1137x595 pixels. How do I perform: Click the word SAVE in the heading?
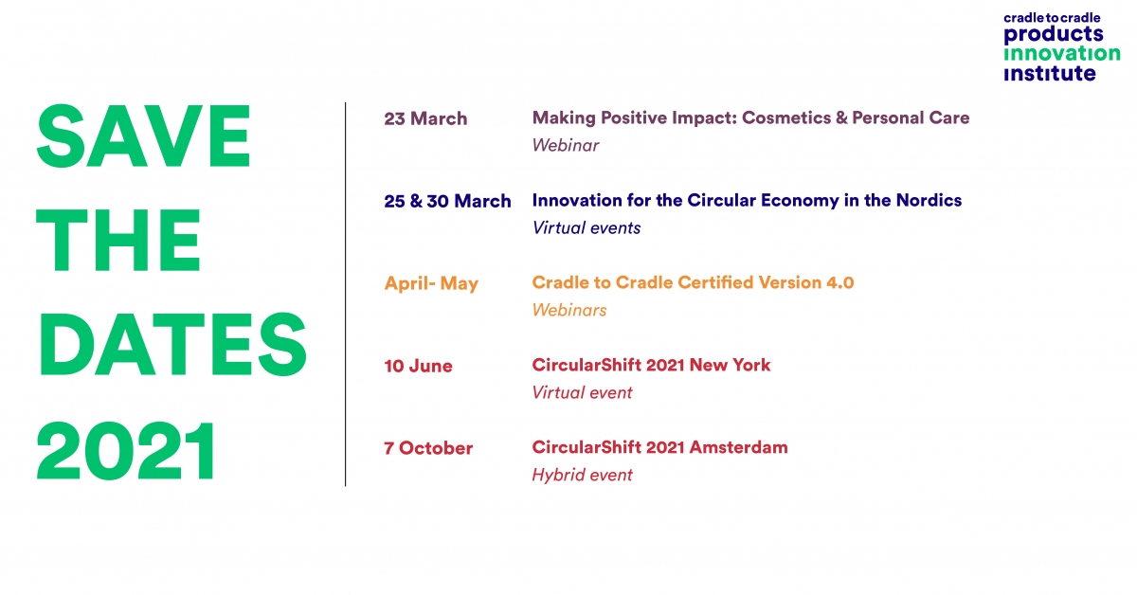[143, 136]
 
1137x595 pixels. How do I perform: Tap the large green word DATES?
[171, 344]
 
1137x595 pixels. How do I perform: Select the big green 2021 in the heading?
[126, 450]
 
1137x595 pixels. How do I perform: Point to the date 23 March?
[425, 118]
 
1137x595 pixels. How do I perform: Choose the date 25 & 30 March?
[447, 201]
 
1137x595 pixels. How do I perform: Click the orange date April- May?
[431, 284]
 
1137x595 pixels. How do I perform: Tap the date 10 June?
[418, 366]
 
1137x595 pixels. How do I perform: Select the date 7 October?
[428, 448]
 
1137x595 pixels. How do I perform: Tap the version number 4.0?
[840, 282]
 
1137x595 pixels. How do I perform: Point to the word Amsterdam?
[738, 447]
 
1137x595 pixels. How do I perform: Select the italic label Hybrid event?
[582, 476]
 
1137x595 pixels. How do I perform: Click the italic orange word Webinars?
[569, 310]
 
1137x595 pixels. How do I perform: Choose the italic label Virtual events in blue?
[587, 228]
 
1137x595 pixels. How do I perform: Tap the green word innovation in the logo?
[1062, 53]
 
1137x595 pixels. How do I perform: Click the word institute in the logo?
[1050, 74]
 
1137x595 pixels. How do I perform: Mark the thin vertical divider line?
[345, 295]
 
